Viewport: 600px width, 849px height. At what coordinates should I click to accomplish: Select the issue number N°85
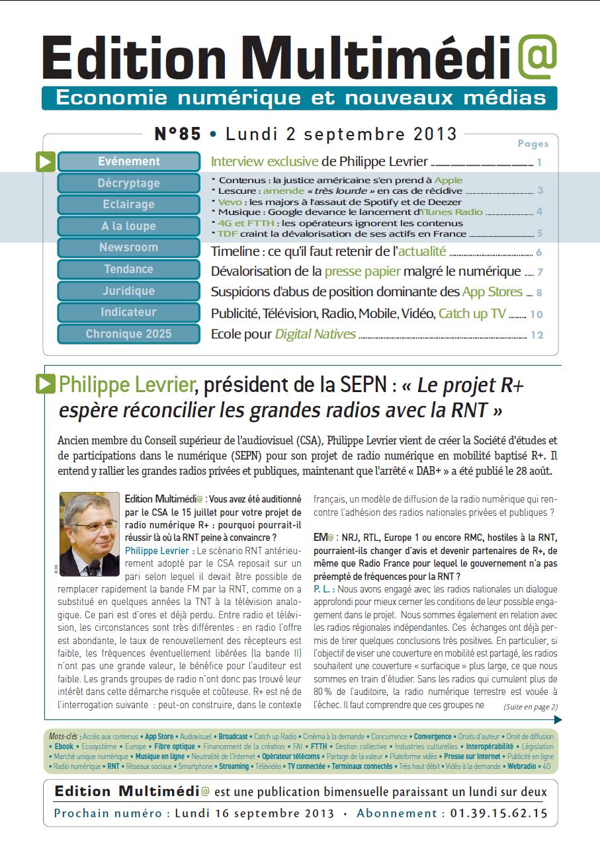(x=178, y=134)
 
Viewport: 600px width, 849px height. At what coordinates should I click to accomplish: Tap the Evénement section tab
(x=129, y=161)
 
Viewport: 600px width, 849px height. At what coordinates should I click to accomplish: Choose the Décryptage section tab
(x=129, y=183)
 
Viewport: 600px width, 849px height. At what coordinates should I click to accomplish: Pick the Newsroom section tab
(x=129, y=247)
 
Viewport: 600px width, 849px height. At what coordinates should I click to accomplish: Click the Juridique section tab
(x=129, y=290)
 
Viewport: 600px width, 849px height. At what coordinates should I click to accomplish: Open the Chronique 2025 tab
(x=129, y=334)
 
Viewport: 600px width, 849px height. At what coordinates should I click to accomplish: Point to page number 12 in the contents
(x=536, y=335)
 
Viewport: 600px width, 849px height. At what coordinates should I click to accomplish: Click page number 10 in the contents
(x=536, y=315)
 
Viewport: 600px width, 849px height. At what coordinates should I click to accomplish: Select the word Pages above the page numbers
(x=533, y=143)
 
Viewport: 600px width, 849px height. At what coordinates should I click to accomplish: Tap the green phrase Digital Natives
(x=316, y=334)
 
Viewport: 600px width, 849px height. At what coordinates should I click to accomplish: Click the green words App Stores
(x=492, y=292)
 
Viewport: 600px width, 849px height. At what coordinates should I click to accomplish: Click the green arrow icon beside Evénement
(x=45, y=162)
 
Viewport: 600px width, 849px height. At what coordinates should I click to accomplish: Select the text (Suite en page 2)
(x=531, y=707)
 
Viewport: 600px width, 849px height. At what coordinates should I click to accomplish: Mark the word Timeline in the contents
(x=234, y=251)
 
